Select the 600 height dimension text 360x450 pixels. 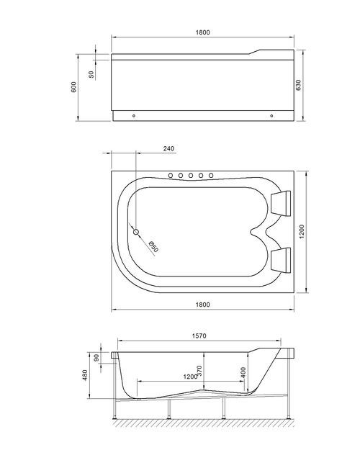coord(73,86)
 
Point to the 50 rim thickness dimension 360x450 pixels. coord(91,75)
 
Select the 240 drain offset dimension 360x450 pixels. coord(168,149)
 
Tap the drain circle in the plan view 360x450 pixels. coord(135,232)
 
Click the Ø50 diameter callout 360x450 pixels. coord(153,246)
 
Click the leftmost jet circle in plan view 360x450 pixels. coord(171,176)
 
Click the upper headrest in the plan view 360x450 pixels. coord(282,202)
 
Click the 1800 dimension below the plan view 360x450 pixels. coord(202,305)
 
